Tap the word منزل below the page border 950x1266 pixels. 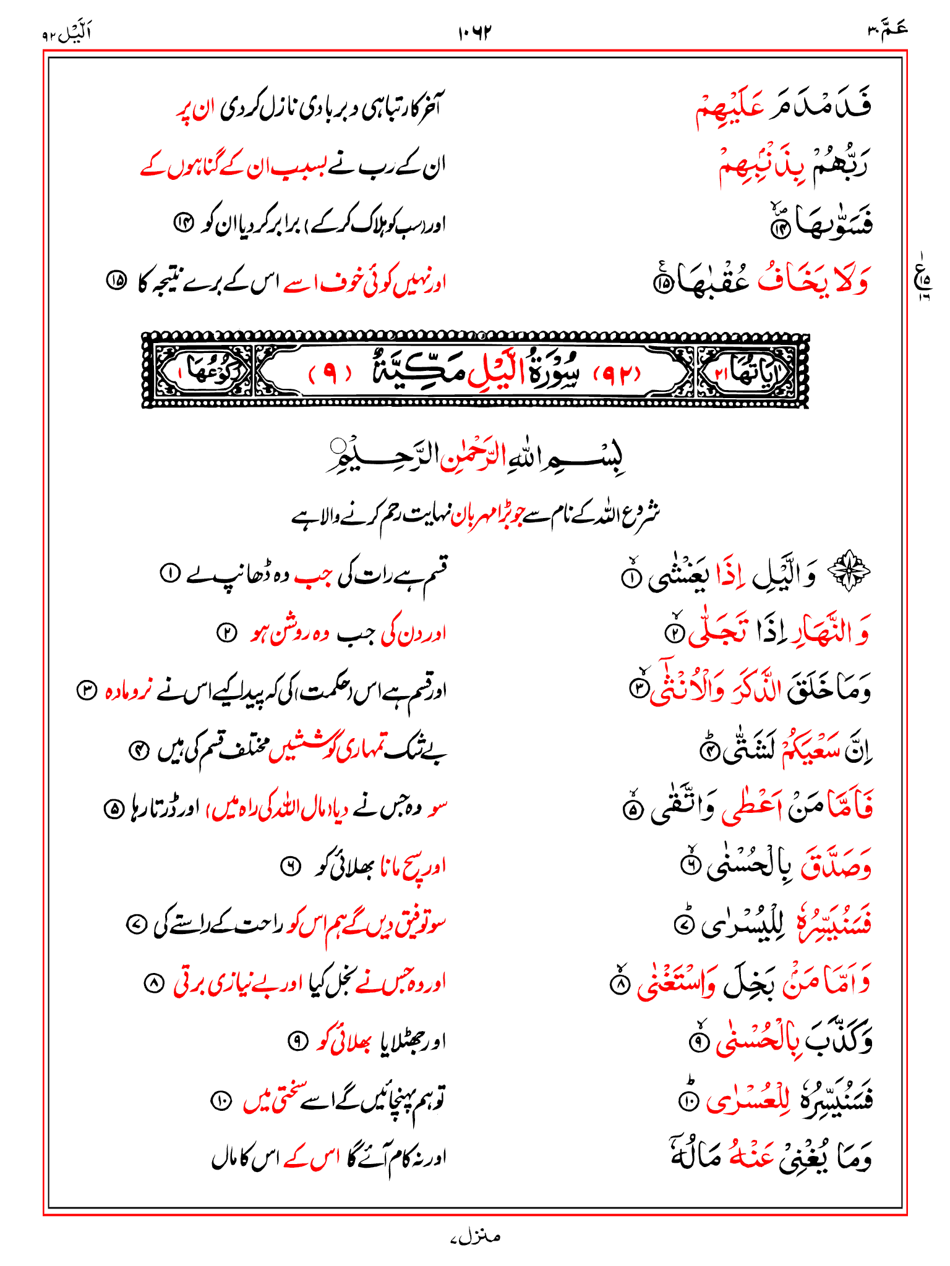tap(474, 1236)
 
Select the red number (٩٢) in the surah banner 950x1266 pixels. tap(617, 374)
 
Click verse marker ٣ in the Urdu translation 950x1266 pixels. tap(86, 689)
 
